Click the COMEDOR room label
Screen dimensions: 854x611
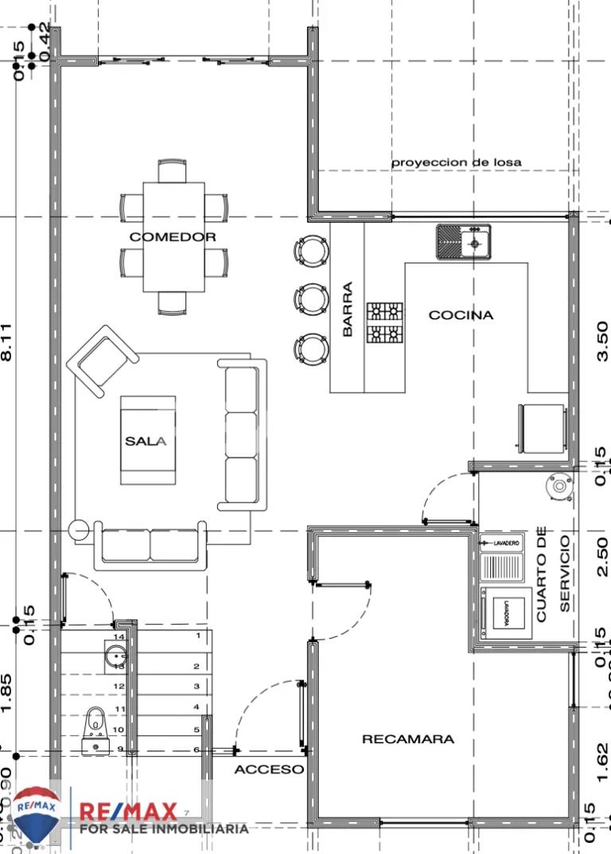173,237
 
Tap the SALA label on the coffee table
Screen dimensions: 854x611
146,441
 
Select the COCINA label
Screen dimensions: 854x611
461,315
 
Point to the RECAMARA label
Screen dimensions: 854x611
408,738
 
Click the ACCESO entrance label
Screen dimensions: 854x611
269,770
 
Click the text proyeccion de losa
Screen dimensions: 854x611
456,162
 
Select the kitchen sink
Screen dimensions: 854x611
464,241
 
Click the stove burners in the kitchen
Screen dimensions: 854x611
384,323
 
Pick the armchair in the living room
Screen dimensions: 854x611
101,360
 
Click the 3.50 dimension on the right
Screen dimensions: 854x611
602,341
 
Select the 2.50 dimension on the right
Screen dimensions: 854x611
602,553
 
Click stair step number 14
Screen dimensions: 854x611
119,637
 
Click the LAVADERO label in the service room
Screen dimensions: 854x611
506,543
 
